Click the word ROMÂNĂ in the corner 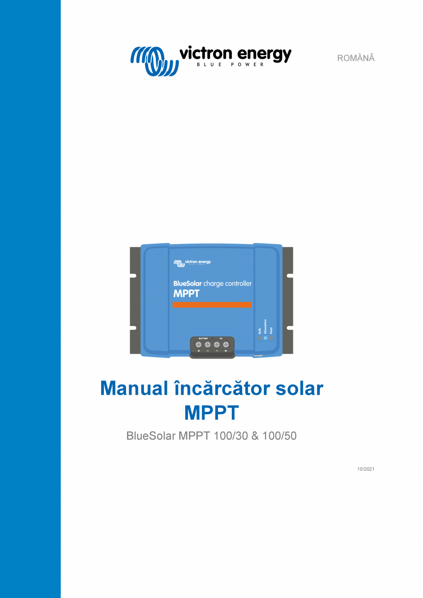[356, 58]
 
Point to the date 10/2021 [366, 469]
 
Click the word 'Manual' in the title [134, 389]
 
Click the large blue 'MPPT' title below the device [211, 413]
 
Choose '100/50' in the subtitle [280, 436]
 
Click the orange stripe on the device [212, 305]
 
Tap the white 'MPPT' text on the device [186, 294]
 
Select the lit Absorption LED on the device [265, 338]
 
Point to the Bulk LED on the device [260, 338]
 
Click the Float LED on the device [271, 338]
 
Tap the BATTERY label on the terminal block [203, 338]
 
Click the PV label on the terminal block [221, 338]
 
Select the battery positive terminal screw [199, 344]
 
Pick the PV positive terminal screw [226, 344]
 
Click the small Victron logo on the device [192, 262]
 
